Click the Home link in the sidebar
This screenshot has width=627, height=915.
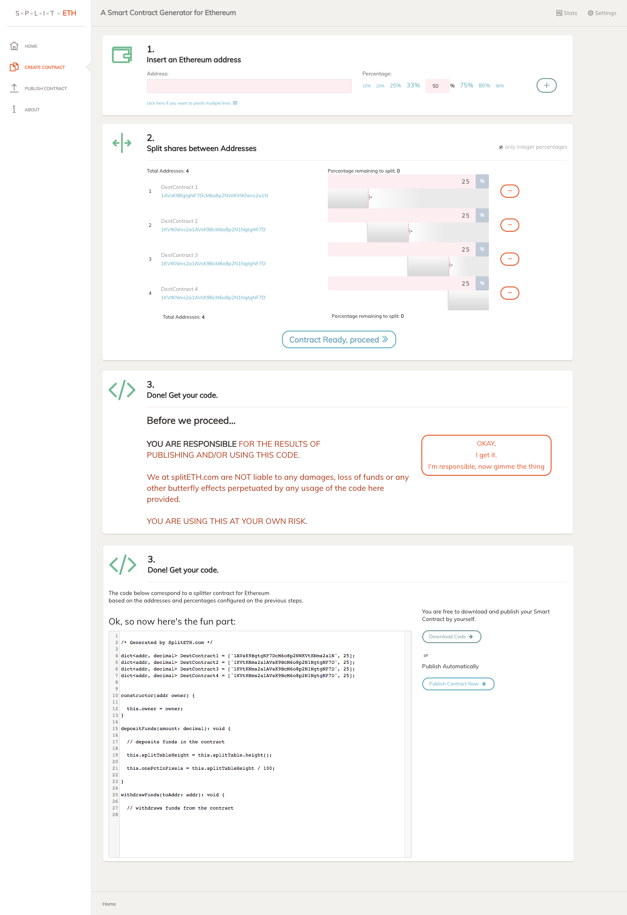click(x=30, y=46)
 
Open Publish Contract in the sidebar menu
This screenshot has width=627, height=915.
click(x=45, y=89)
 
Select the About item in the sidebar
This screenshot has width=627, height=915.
click(x=32, y=110)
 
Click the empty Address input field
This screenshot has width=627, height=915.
click(x=249, y=86)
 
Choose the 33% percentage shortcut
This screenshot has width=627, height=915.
click(x=413, y=86)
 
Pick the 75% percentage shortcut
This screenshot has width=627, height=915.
click(x=466, y=86)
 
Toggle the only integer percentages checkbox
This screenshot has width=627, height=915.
click(x=501, y=147)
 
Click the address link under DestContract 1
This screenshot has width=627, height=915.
click(x=214, y=196)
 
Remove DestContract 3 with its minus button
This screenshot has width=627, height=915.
click(x=510, y=259)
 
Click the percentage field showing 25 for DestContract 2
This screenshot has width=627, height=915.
click(x=402, y=215)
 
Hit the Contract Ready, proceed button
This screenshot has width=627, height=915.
click(x=339, y=339)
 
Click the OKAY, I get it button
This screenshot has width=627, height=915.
click(x=486, y=455)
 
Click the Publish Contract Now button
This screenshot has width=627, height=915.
click(x=458, y=684)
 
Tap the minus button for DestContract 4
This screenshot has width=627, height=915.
click(x=510, y=293)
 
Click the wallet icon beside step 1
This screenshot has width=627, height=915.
click(x=122, y=55)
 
